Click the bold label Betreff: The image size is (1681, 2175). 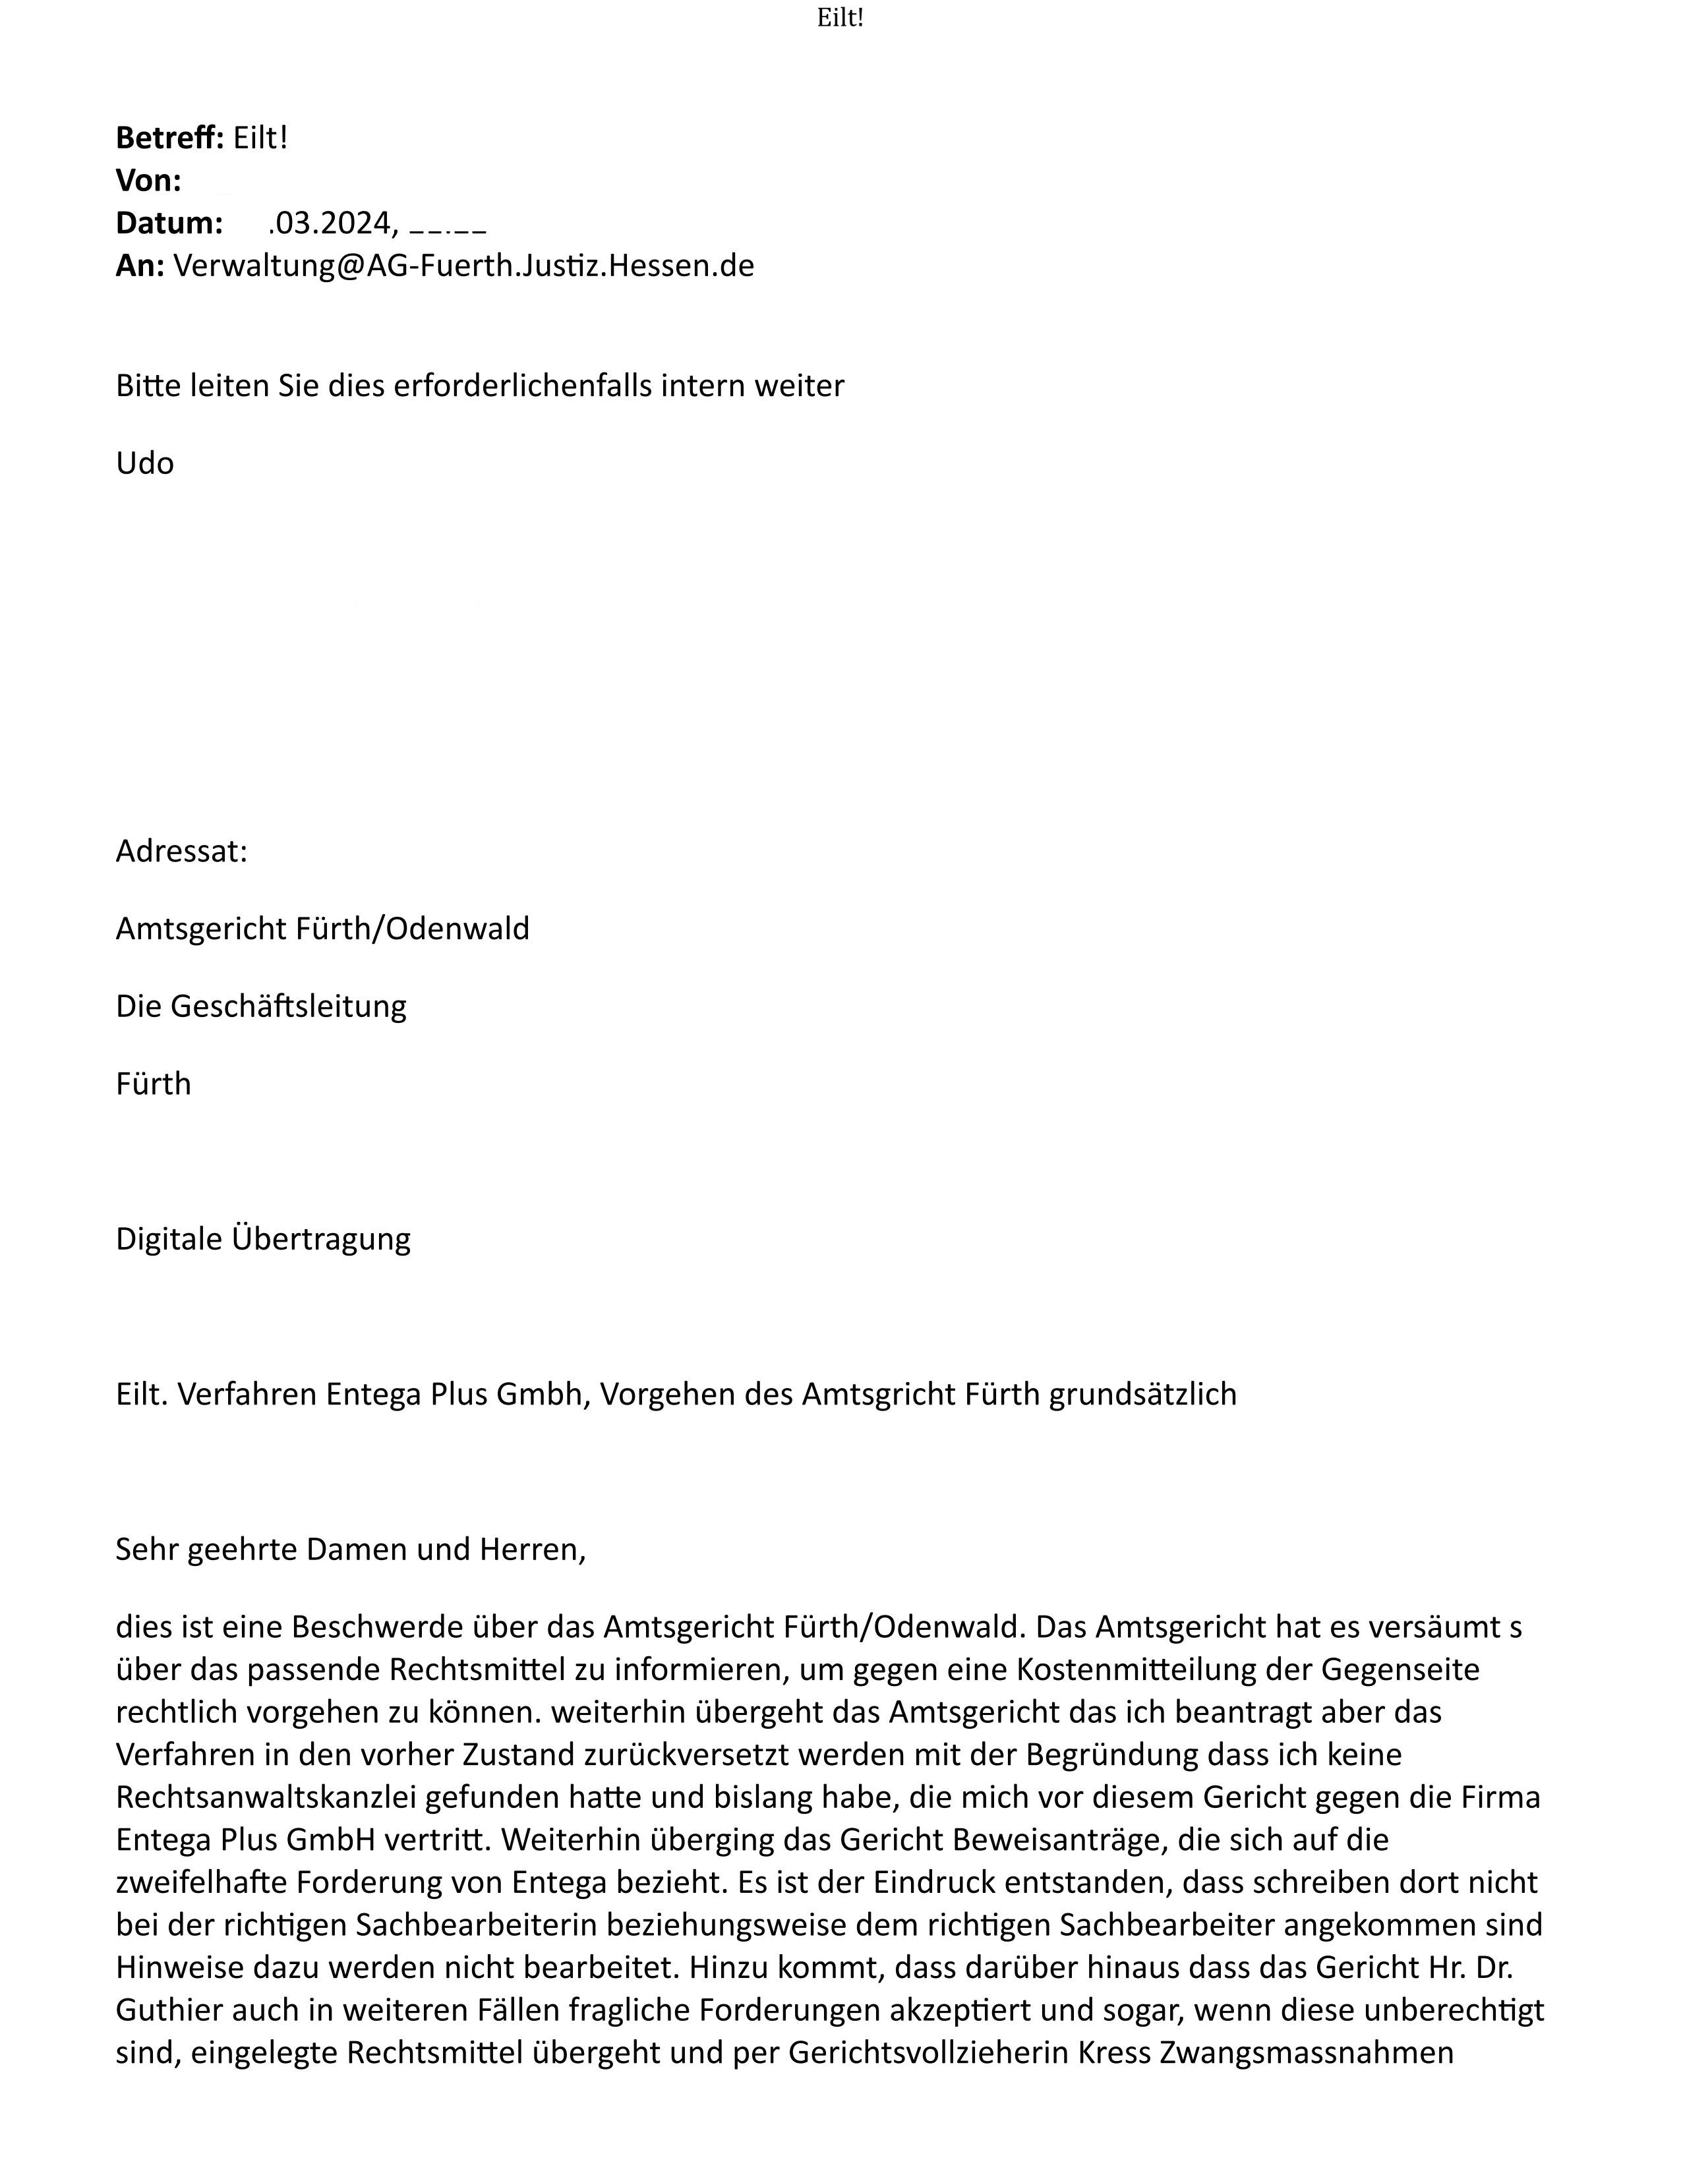[x=169, y=138]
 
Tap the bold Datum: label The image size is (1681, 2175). [x=169, y=223]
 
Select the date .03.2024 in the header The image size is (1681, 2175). [x=333, y=223]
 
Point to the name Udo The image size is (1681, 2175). [x=144, y=463]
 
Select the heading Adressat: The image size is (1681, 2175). [x=181, y=852]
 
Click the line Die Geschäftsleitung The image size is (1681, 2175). [x=261, y=1006]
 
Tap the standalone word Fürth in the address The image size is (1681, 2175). [x=154, y=1084]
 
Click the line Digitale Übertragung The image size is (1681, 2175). [x=263, y=1239]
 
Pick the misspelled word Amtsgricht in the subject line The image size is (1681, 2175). [x=878, y=1394]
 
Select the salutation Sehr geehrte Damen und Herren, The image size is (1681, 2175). [x=351, y=1550]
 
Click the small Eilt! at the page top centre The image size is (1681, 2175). [x=839, y=18]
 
